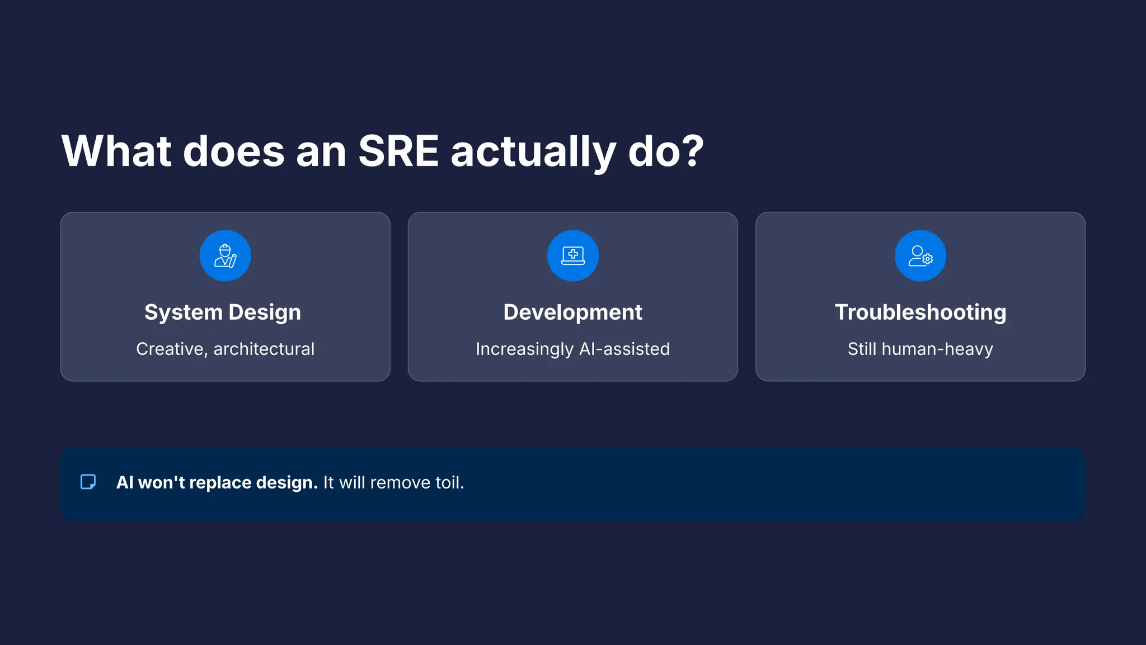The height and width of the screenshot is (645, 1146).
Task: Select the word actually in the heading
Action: [533, 152]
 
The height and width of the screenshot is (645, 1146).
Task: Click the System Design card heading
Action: [223, 312]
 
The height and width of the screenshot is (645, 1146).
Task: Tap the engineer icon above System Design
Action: [225, 256]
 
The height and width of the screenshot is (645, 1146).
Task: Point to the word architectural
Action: [264, 349]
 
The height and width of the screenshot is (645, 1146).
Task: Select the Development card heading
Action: [572, 312]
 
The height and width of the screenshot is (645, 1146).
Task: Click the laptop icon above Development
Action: [572, 256]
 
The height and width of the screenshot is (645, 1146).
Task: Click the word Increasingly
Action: [524, 350]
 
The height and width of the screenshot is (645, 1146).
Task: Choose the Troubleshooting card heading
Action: [920, 312]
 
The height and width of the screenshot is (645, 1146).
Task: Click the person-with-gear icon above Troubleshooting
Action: [920, 256]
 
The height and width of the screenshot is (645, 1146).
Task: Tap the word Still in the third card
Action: [862, 349]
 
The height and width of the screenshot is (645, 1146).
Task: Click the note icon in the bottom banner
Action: [88, 482]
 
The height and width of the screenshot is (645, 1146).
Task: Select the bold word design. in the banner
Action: [286, 483]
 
